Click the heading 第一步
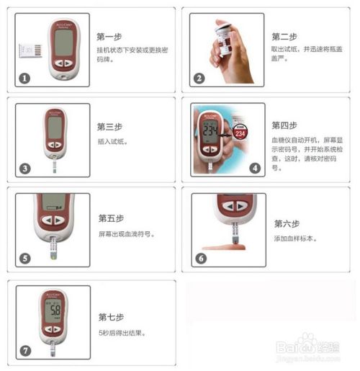pyautogui.click(x=109, y=35)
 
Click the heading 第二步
pyautogui.click(x=286, y=36)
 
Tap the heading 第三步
pyautogui.click(x=109, y=126)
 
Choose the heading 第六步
pyautogui.click(x=287, y=223)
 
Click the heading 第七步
pyautogui.click(x=111, y=316)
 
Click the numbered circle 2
pyautogui.click(x=199, y=79)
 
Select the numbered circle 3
pyautogui.click(x=24, y=169)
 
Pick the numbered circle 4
pyautogui.click(x=255, y=168)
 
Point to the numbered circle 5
pyautogui.click(x=24, y=258)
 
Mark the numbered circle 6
pyautogui.click(x=201, y=258)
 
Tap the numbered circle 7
pyautogui.click(x=25, y=351)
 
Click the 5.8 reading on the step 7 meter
pyautogui.click(x=55, y=316)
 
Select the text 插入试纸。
pyautogui.click(x=112, y=142)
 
